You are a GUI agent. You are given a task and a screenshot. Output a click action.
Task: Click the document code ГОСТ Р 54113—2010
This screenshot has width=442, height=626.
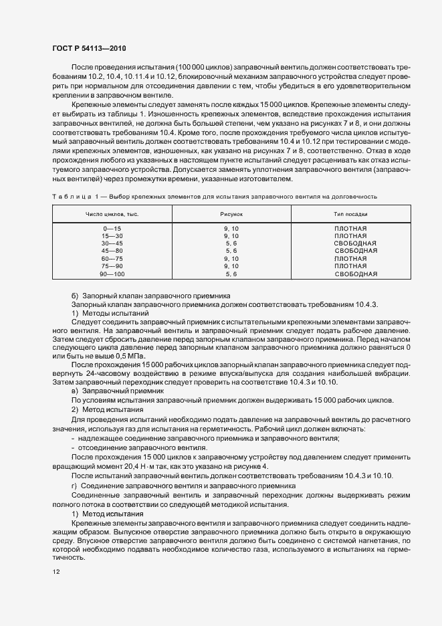pyautogui.click(x=88, y=49)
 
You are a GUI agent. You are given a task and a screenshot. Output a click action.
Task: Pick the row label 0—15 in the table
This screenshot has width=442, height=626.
pyautogui.click(x=112, y=229)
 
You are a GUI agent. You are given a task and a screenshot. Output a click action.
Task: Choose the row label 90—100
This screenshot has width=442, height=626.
pyautogui.click(x=112, y=274)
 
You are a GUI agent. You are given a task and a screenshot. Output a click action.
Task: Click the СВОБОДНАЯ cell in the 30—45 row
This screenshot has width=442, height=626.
pyautogui.click(x=356, y=244)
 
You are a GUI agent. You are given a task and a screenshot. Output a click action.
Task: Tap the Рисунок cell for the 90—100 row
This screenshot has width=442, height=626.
pyautogui.click(x=231, y=274)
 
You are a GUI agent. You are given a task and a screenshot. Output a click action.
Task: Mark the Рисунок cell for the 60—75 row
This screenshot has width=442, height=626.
pyautogui.click(x=231, y=259)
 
